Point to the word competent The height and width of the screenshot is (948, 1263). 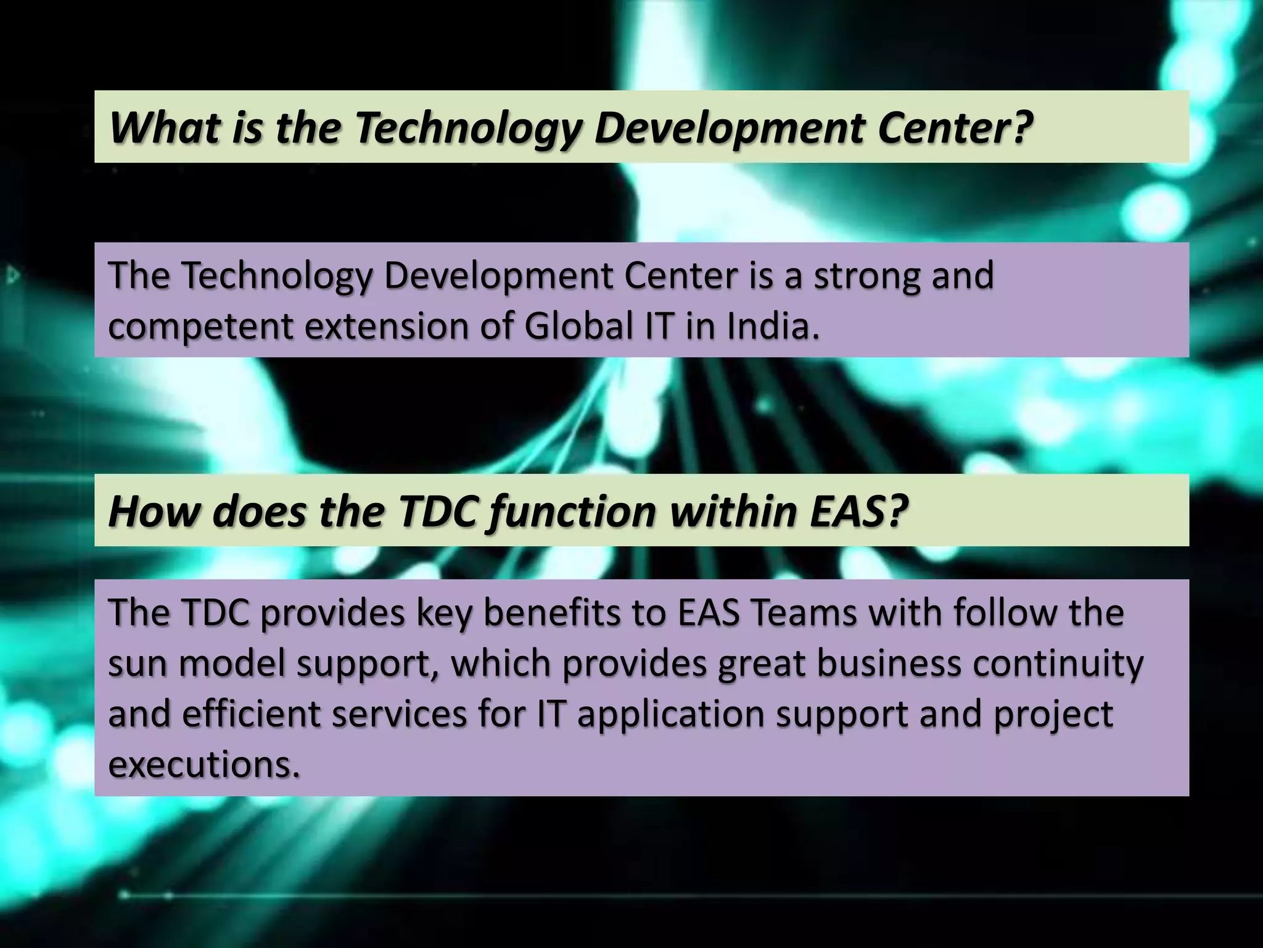[x=200, y=327]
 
